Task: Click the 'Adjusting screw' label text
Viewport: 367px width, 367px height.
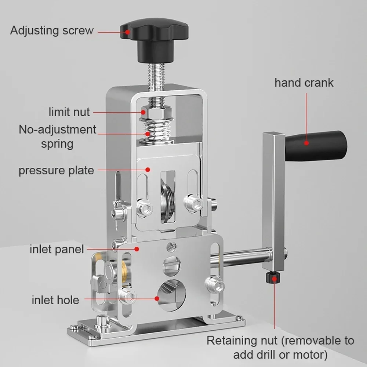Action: coord(52,30)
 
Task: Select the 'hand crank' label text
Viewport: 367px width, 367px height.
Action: coord(304,83)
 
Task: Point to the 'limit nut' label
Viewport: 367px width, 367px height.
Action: coord(69,112)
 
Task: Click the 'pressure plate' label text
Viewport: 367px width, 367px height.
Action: coord(56,171)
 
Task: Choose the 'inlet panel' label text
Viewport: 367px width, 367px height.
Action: coord(57,250)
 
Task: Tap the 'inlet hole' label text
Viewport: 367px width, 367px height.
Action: coord(55,300)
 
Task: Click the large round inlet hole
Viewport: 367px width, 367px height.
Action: coord(172,293)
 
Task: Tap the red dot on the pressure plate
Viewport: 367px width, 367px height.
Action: coord(148,170)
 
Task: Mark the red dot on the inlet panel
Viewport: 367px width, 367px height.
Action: coord(137,249)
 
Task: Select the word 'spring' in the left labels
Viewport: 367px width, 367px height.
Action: coord(57,143)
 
